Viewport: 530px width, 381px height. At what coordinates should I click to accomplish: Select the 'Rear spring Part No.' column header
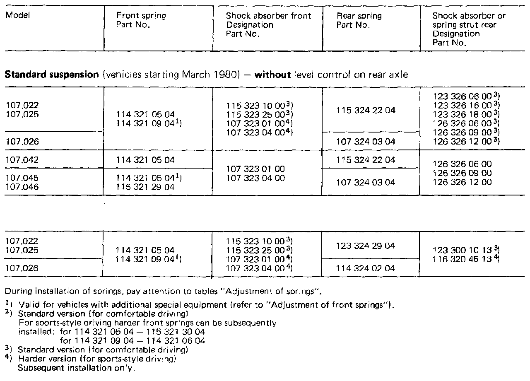(359, 20)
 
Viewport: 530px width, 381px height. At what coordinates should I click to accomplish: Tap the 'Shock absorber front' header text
(268, 16)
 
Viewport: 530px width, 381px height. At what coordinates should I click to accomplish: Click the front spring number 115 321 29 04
(145, 187)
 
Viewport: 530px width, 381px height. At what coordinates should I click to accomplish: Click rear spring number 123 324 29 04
(366, 246)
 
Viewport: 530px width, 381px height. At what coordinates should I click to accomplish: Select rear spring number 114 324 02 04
(366, 268)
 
